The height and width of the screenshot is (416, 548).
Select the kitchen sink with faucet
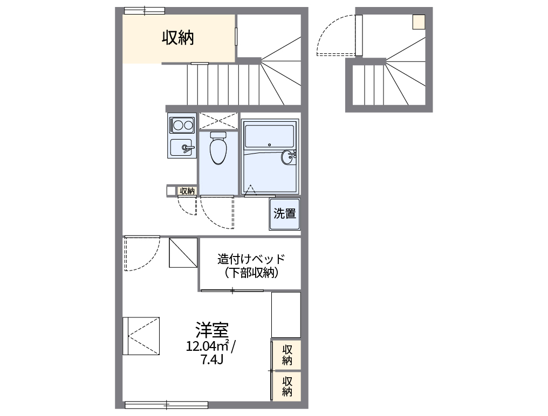click(x=182, y=147)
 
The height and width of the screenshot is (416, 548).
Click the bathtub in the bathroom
click(x=269, y=136)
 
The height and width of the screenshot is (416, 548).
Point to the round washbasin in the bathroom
click(x=288, y=157)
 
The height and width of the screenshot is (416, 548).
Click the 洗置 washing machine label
click(x=285, y=214)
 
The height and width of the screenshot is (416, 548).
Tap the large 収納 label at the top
click(x=178, y=38)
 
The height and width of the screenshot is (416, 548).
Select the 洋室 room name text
click(x=212, y=329)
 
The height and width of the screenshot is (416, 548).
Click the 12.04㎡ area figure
click(x=207, y=345)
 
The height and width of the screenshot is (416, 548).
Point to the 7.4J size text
click(x=212, y=360)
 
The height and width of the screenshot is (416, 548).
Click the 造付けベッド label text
click(x=251, y=259)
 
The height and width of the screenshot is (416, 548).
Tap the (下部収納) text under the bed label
click(x=251, y=273)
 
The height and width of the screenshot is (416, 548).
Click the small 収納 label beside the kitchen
click(x=187, y=191)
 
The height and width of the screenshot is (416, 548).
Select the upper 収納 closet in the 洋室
click(x=286, y=355)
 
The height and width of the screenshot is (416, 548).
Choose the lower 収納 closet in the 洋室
click(x=286, y=386)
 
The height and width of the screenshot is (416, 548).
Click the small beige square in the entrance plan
click(x=419, y=22)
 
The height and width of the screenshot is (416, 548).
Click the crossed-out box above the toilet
click(x=218, y=120)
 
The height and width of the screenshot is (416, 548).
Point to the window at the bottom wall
click(x=166, y=404)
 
